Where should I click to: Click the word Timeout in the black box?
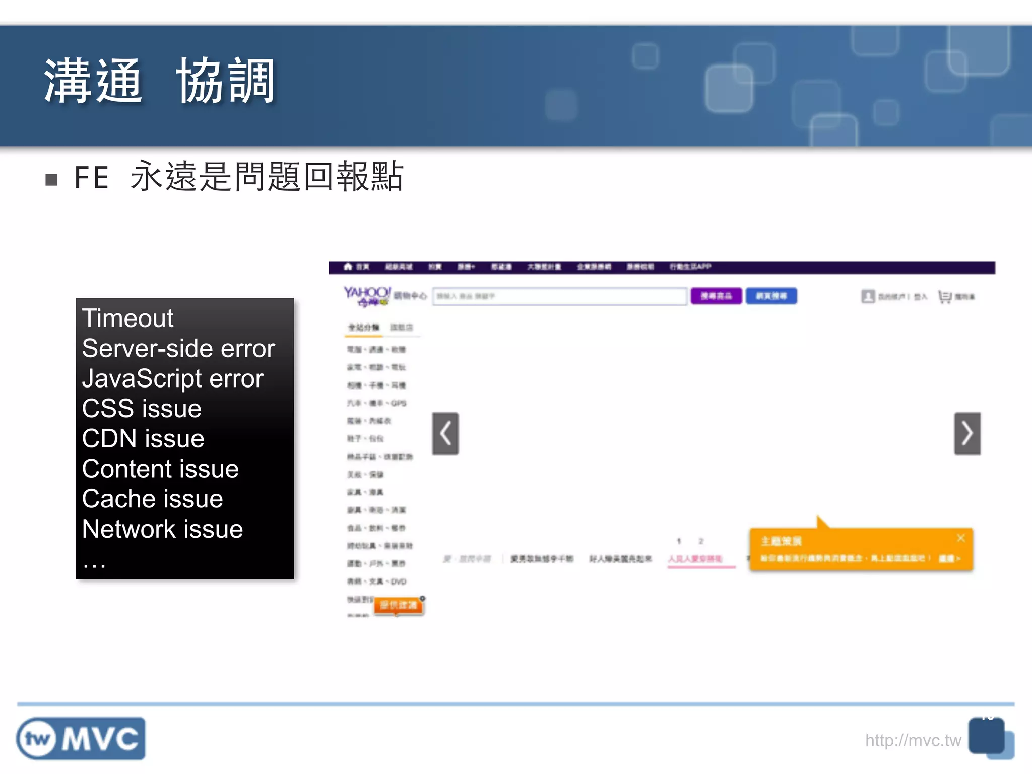pos(127,318)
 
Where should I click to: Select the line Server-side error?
pos(178,349)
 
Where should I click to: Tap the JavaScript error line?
pos(172,379)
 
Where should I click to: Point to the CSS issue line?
pos(142,409)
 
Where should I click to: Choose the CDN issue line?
pos(143,439)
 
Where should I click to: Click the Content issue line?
pos(160,469)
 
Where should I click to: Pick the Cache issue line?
pos(152,499)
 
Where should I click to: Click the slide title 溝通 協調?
pos(159,81)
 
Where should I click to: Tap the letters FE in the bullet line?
pos(91,178)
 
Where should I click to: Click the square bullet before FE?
pos(51,180)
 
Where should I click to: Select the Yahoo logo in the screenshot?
pos(367,295)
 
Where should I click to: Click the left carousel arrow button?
pos(445,433)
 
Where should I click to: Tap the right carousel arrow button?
pos(967,433)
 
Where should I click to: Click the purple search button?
pos(716,296)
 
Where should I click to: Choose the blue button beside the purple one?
pos(771,296)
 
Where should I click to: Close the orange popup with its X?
pos(961,538)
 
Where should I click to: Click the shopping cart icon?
pos(944,297)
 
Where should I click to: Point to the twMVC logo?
pos(81,739)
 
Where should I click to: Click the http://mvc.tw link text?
pos(913,740)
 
